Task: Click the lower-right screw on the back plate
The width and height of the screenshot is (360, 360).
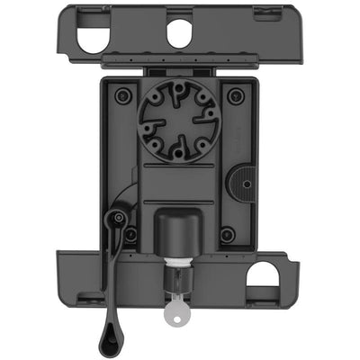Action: [227, 235]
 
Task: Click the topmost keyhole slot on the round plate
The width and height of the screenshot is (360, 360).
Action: [178, 89]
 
